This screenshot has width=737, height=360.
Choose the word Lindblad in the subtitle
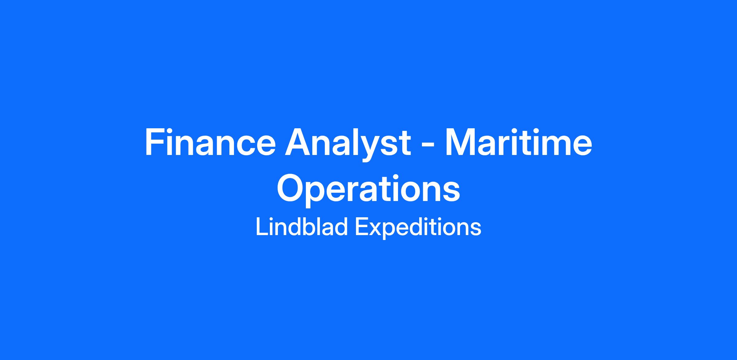(302, 227)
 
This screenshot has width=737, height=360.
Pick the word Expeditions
(418, 228)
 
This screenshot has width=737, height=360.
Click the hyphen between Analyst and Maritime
(428, 146)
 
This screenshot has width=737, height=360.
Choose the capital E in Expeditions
(362, 227)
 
